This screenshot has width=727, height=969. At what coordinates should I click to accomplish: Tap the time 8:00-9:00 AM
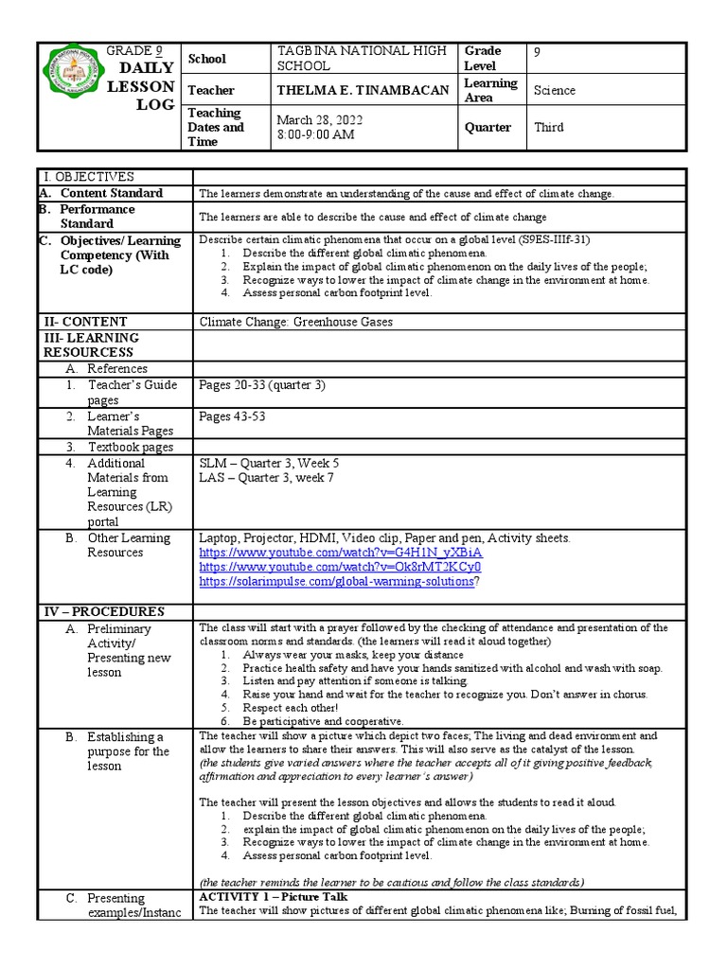click(x=315, y=134)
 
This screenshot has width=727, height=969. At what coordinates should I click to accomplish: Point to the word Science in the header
click(x=555, y=91)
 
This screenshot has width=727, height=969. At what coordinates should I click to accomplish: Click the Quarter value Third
click(x=549, y=128)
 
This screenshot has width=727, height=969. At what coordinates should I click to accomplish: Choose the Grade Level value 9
click(x=538, y=52)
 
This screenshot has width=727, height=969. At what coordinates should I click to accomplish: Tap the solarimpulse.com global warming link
click(x=336, y=582)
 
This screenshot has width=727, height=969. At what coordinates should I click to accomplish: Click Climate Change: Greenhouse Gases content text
click(x=296, y=322)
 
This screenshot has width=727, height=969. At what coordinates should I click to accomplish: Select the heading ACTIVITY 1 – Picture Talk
click(x=274, y=896)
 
